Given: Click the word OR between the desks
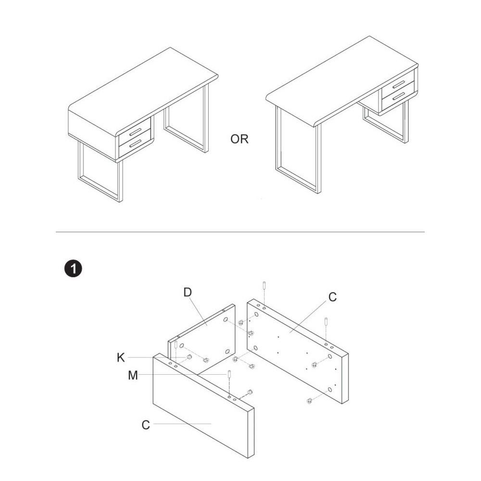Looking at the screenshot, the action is tap(239, 139).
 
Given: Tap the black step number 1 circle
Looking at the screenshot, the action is tap(73, 269).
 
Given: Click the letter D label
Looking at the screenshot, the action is tap(188, 292).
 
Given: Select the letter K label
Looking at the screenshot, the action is tap(121, 357).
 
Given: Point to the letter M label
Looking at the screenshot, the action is tap(133, 375).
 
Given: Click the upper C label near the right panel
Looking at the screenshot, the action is tap(332, 297).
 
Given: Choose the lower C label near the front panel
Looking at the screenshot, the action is tap(146, 425).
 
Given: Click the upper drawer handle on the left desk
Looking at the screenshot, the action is tap(135, 132).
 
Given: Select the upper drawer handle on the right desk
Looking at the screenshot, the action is tap(398, 84).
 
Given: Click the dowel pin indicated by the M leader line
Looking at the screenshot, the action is tap(229, 375).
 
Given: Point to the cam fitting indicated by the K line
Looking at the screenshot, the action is tap(189, 357).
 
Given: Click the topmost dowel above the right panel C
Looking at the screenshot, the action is tap(264, 285).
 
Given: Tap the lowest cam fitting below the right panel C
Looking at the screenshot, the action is tap(309, 400).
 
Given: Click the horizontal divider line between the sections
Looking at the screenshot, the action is tap(240, 232).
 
